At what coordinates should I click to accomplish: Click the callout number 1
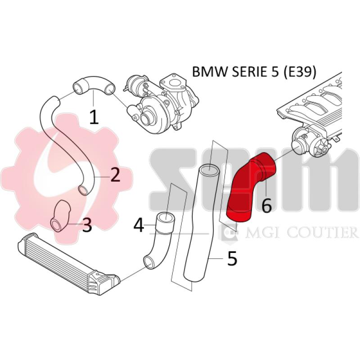tap(94, 117)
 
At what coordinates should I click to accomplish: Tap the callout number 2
tap(115, 174)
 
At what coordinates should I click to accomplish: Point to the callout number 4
tap(139, 225)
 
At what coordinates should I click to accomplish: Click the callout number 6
tap(266, 206)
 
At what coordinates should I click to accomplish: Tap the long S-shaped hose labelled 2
tap(67, 144)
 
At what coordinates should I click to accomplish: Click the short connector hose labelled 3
tap(60, 216)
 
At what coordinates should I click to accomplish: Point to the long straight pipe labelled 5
tap(198, 225)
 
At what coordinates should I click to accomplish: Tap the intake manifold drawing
tap(315, 112)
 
